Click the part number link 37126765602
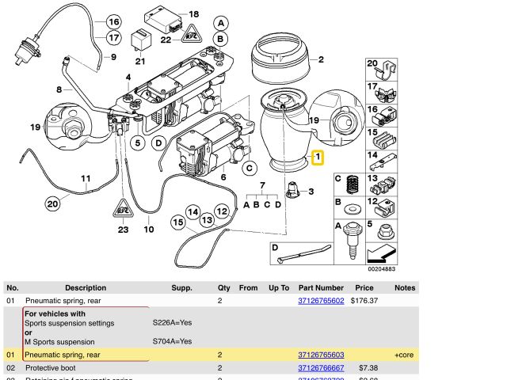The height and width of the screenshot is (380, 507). click(x=321, y=301)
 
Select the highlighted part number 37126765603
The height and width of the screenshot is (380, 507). click(x=321, y=355)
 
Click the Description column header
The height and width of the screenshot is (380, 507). click(x=86, y=288)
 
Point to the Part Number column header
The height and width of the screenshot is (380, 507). click(x=321, y=288)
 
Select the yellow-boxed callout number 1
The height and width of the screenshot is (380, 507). click(x=318, y=158)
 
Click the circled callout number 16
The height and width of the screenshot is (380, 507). click(x=113, y=22)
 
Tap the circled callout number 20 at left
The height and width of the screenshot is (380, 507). click(x=52, y=203)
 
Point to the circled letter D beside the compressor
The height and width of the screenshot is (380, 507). click(x=158, y=142)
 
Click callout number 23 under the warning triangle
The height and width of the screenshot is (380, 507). click(x=123, y=230)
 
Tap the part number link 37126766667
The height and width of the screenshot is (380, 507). click(x=321, y=368)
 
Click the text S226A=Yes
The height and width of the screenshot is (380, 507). click(x=172, y=323)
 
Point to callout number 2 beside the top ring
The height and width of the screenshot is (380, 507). click(x=321, y=59)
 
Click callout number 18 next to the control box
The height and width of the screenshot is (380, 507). click(x=194, y=14)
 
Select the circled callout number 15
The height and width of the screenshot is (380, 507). click(x=178, y=223)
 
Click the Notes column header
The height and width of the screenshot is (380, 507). click(x=405, y=288)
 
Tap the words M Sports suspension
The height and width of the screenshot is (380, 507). click(x=59, y=342)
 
